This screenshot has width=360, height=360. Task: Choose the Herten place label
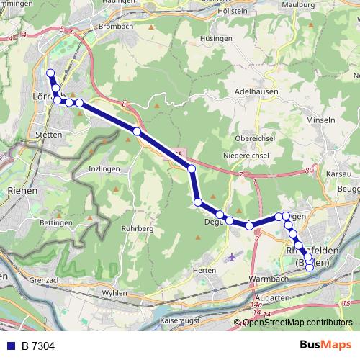[x=205, y=270]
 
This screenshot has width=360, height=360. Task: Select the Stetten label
[x=50, y=134]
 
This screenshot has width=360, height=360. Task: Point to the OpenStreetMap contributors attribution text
[x=297, y=322]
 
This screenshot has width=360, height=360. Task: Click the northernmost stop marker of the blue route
[x=50, y=73]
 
